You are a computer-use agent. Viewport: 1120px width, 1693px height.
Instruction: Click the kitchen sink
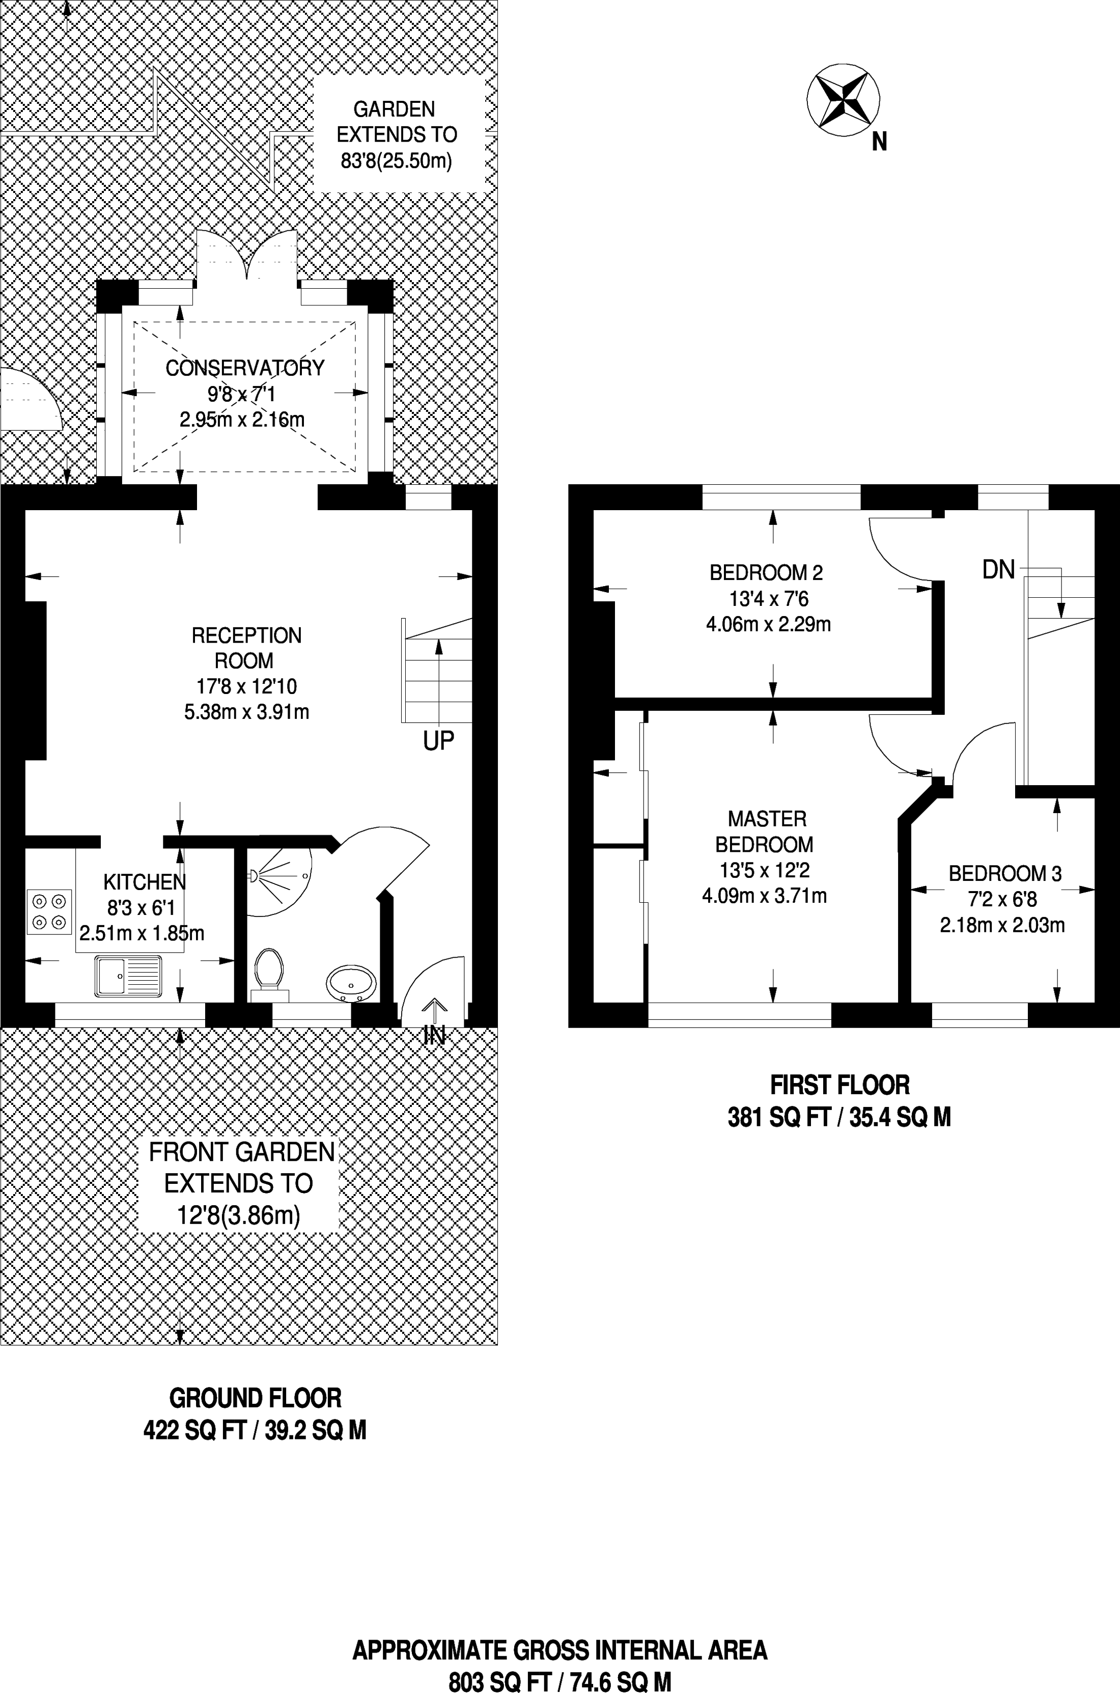[x=129, y=977]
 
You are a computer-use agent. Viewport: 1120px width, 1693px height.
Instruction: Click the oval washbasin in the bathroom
[x=350, y=984]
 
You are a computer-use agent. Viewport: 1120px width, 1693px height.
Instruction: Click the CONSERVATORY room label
[x=245, y=368]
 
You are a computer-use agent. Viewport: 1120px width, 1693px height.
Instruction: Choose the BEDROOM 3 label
[x=1004, y=873]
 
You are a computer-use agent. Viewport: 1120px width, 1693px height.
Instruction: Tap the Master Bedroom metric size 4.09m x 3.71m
[x=764, y=896]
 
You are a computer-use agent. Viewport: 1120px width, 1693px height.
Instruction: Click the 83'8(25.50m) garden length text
[x=397, y=161]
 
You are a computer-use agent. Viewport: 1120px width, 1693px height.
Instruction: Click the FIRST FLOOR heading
[x=839, y=1085]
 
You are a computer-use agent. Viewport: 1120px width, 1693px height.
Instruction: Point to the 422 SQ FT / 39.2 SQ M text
[x=255, y=1430]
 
